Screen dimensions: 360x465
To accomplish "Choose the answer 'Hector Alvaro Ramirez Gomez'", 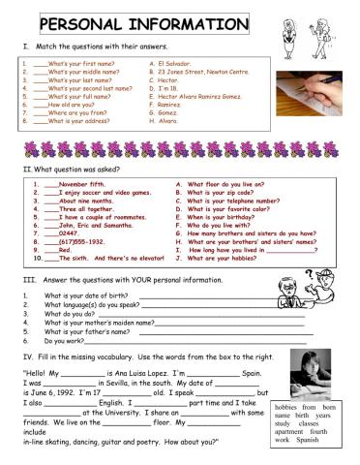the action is click(x=203, y=97).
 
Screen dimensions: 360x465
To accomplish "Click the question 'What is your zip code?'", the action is click(x=222, y=192).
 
